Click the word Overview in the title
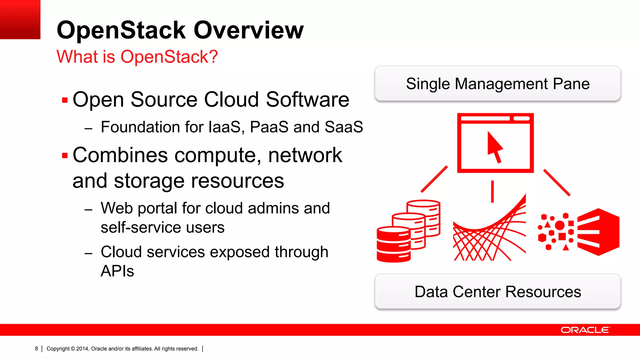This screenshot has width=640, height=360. [x=248, y=30]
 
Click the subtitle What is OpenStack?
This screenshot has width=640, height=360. [x=137, y=57]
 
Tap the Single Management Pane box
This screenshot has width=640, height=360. [x=497, y=84]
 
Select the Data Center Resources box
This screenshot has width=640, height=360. [x=497, y=292]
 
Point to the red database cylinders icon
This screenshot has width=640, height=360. [x=408, y=231]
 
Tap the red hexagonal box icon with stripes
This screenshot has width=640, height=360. [x=598, y=232]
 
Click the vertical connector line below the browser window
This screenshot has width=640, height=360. [x=492, y=191]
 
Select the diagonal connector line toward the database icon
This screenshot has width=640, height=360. [x=434, y=179]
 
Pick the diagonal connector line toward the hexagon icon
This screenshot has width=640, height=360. [x=557, y=182]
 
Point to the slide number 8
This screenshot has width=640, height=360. [x=37, y=348]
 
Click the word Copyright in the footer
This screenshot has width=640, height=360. [x=58, y=349]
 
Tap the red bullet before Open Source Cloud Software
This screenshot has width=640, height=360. [x=65, y=100]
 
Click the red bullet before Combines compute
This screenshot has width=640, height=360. [x=65, y=156]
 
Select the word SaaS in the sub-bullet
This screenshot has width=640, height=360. [x=343, y=127]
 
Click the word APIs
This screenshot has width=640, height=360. [x=117, y=271]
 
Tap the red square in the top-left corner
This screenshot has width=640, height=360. [x=20, y=19]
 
